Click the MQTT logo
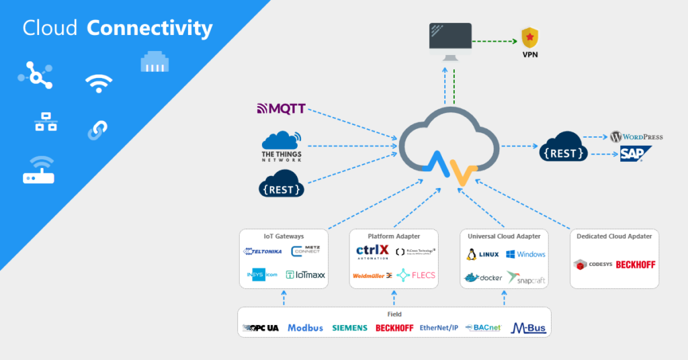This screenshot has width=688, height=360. pyautogui.click(x=281, y=109)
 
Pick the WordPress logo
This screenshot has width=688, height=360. pyautogui.click(x=636, y=137)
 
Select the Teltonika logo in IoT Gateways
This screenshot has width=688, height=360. pyautogui.click(x=262, y=252)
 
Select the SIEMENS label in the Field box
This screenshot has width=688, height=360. pyautogui.click(x=349, y=328)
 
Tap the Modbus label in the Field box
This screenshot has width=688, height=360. pyautogui.click(x=305, y=328)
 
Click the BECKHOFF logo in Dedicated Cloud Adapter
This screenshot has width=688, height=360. pyautogui.click(x=635, y=265)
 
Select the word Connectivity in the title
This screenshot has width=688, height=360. pyautogui.click(x=150, y=28)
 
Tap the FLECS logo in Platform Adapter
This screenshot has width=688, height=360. pyautogui.click(x=416, y=275)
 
